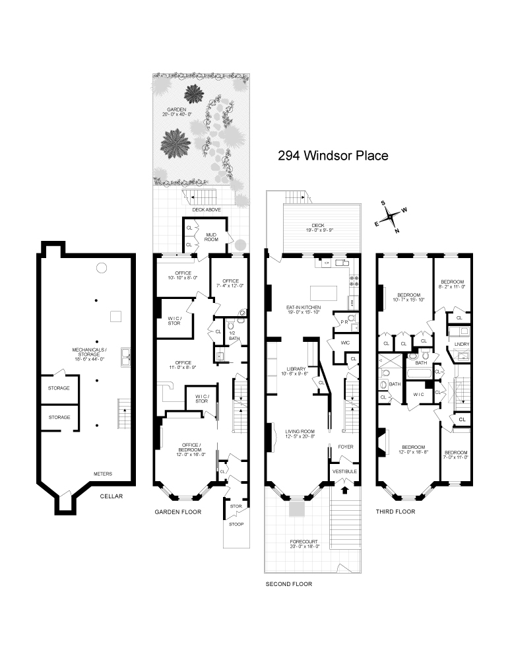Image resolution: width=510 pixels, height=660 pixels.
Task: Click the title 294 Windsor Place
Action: tap(333, 156)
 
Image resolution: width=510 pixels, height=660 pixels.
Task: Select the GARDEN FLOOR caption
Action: tap(177, 511)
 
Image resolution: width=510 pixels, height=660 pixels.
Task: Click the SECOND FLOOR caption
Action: tap(288, 584)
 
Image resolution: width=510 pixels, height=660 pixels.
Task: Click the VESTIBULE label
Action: tap(345, 471)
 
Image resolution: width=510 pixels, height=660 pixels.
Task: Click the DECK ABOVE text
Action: tap(206, 209)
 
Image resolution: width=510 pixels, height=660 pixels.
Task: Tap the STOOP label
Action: tap(236, 524)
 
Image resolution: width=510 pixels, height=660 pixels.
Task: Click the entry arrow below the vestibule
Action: tap(344, 489)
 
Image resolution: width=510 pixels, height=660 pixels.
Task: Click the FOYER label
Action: tap(346, 447)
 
